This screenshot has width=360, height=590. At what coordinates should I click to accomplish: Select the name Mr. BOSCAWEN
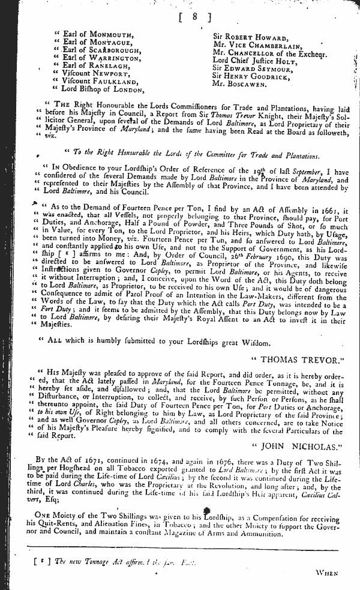[x=242, y=85]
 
